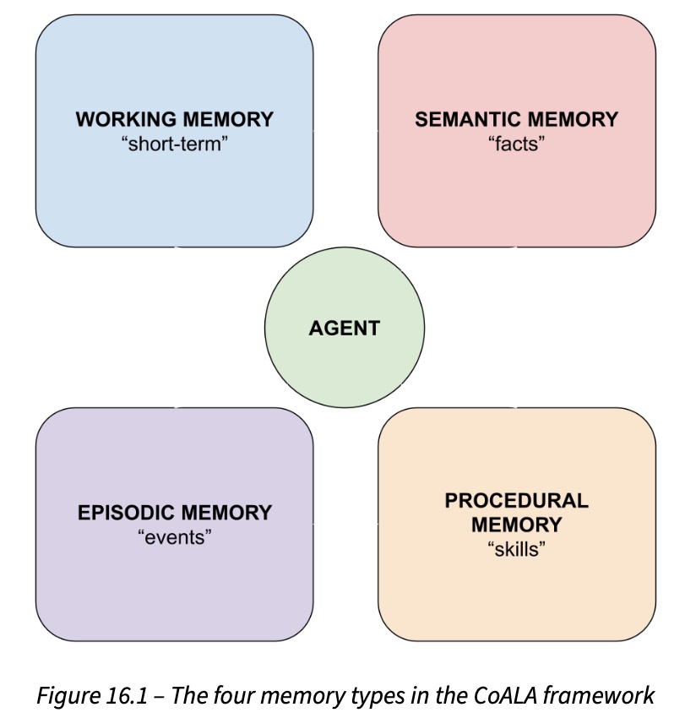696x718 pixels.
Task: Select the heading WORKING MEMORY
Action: (175, 119)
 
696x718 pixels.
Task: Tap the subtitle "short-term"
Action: (175, 143)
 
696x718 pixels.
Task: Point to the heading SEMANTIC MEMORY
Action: (516, 119)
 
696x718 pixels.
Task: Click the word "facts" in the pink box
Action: (516, 143)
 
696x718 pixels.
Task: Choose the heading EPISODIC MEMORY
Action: (175, 513)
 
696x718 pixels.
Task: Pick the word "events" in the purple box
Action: (175, 536)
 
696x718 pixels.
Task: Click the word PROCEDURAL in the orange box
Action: (516, 500)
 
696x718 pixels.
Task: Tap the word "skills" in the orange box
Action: (516, 549)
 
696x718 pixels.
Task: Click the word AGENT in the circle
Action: (345, 328)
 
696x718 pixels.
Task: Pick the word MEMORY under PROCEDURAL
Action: (516, 525)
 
